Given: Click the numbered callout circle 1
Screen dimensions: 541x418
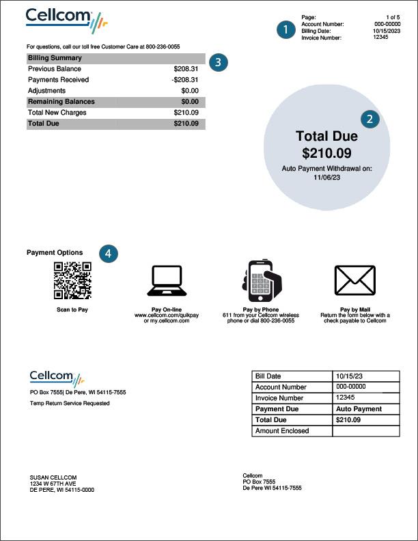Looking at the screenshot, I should (285, 29).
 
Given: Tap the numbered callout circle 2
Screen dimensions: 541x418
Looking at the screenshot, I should (370, 118).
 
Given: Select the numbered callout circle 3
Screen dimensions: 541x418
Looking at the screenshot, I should (217, 61).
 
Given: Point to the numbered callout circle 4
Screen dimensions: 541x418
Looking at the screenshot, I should (107, 253).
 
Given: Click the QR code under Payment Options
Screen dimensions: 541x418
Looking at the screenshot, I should (72, 280).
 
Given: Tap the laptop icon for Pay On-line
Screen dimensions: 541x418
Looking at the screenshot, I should (166, 281).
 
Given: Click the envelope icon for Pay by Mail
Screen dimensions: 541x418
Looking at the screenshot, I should (354, 281).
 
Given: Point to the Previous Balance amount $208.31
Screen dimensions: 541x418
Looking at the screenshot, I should (186, 69).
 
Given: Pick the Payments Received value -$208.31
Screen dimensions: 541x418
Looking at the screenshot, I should (184, 80).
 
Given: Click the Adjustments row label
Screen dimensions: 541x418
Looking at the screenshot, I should (46, 91).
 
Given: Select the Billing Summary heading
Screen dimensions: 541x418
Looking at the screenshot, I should (55, 58).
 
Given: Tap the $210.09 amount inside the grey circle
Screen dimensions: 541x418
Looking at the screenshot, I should (326, 153).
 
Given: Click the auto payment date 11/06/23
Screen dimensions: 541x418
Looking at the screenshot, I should (326, 177).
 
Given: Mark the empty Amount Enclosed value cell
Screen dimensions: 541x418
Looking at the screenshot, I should (365, 431).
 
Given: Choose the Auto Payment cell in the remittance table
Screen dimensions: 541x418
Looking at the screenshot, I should (359, 409).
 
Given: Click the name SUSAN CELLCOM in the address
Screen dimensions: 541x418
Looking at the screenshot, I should (53, 477).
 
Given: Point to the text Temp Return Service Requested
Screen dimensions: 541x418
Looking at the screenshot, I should (70, 403).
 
